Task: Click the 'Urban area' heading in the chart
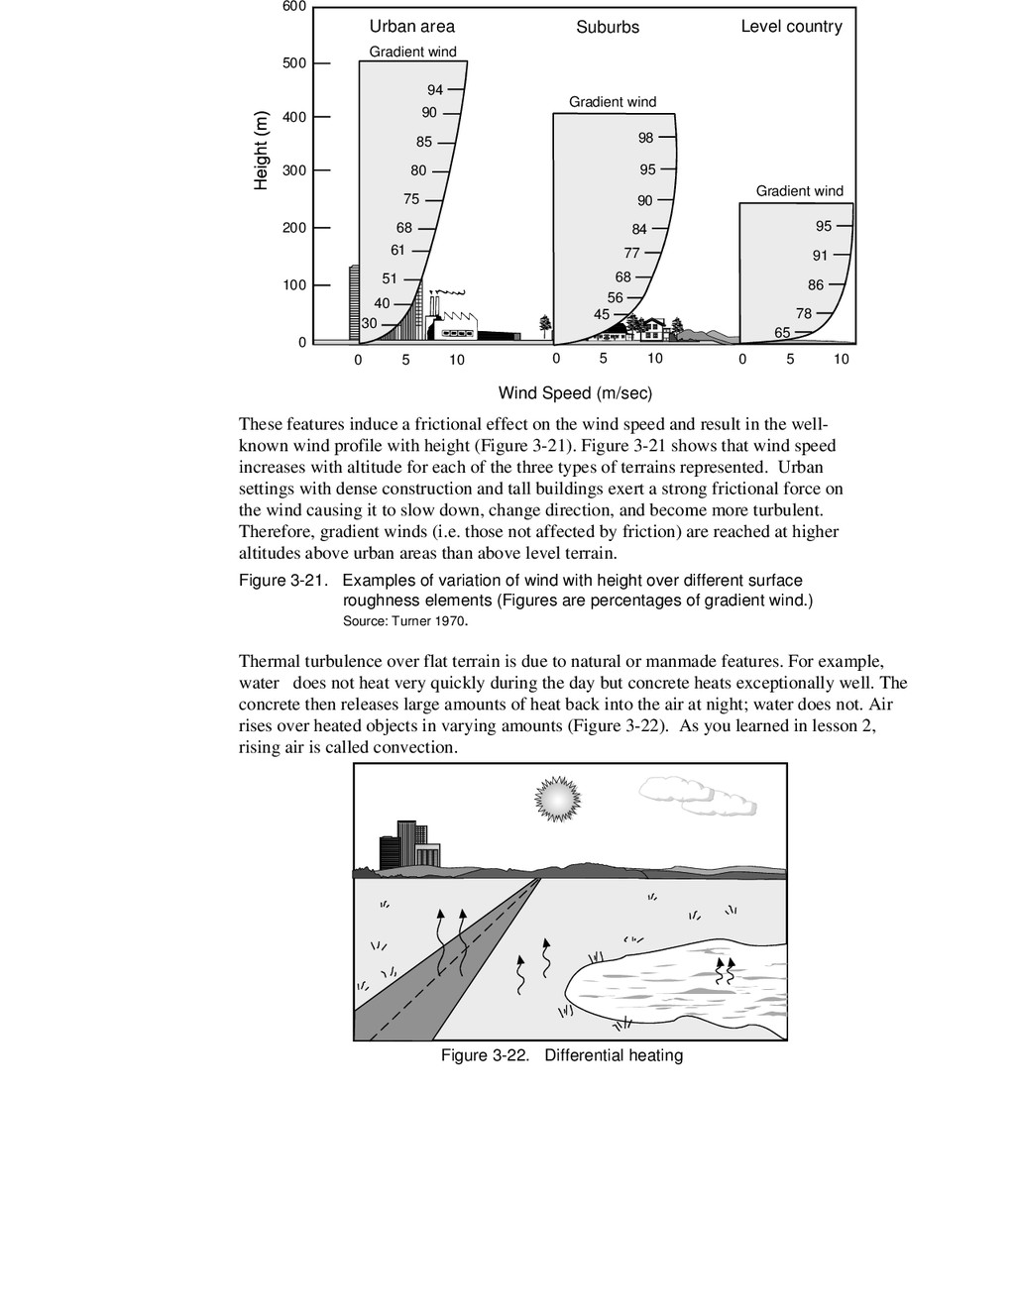tap(411, 27)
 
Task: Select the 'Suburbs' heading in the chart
tap(608, 28)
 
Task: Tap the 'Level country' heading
tap(791, 27)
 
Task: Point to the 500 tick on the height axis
tap(295, 63)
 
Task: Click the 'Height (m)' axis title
tap(262, 150)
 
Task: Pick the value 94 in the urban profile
tap(435, 91)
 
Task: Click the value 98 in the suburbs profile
tap(646, 139)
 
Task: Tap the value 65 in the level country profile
tap(782, 333)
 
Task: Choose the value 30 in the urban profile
tap(369, 324)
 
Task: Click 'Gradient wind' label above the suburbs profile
tap(613, 102)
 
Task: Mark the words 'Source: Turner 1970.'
tap(404, 622)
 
